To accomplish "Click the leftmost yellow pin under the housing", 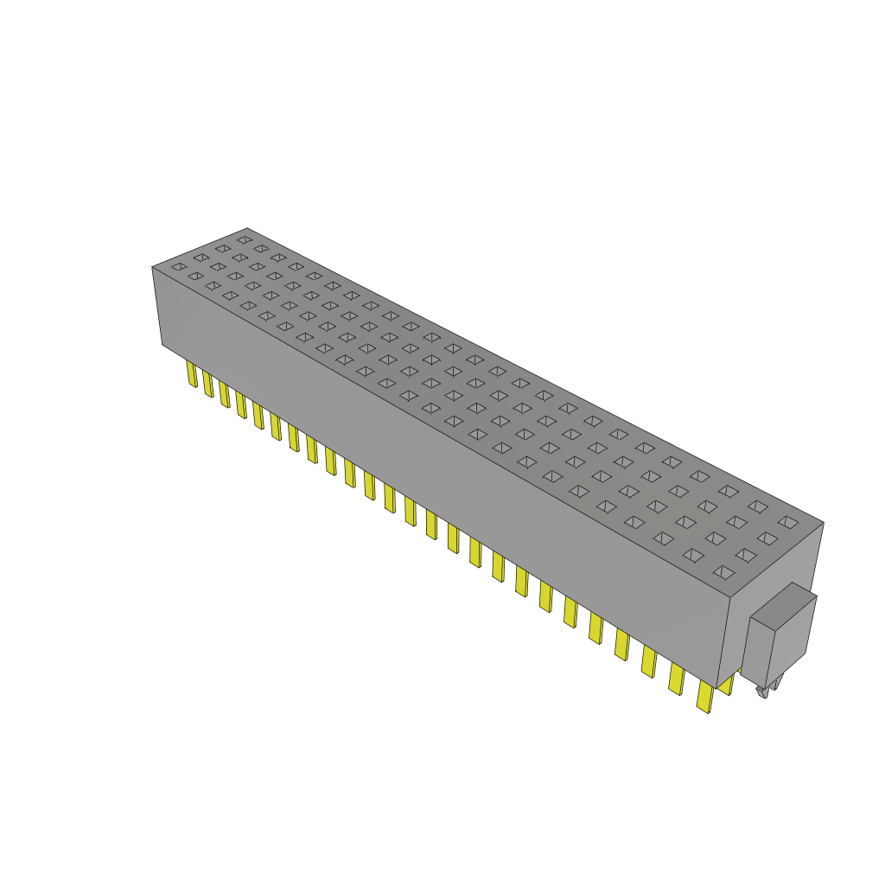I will pyautogui.click(x=192, y=373).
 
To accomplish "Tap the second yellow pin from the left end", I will pyautogui.click(x=208, y=384).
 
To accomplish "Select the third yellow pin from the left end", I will pyautogui.click(x=225, y=394).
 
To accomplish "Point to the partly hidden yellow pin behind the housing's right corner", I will pyautogui.click(x=727, y=683).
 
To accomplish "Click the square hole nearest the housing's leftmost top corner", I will pyautogui.click(x=178, y=267).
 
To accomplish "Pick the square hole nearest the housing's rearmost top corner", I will pyautogui.click(x=245, y=239).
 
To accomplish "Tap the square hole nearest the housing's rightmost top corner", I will pyautogui.click(x=787, y=522).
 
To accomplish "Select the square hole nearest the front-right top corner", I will pyautogui.click(x=723, y=571).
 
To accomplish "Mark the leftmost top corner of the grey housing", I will pyautogui.click(x=152, y=267).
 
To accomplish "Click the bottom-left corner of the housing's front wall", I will pyautogui.click(x=162, y=344).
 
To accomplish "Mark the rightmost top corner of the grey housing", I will pyautogui.click(x=824, y=522).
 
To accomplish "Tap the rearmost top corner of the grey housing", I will pyautogui.click(x=247, y=228).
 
